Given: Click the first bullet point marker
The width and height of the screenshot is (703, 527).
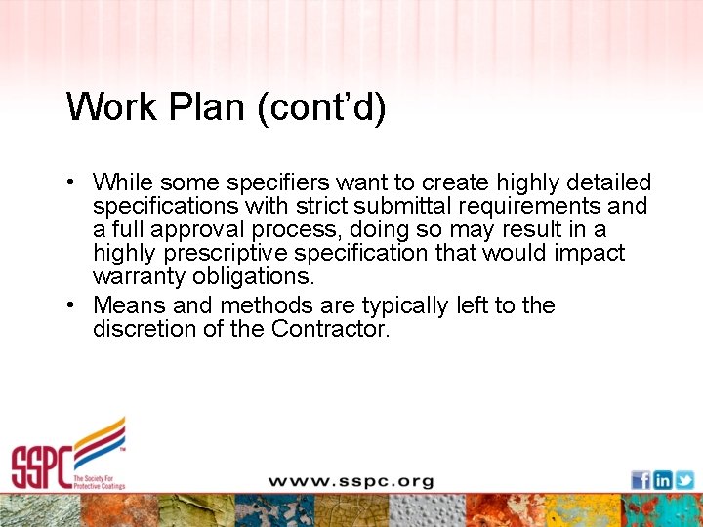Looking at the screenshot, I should tap(73, 182).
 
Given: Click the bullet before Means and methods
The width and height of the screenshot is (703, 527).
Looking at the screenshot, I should tap(73, 305).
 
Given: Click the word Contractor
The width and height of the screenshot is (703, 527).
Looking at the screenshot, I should tap(331, 329).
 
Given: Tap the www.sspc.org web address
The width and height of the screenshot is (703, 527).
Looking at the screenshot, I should tap(351, 481).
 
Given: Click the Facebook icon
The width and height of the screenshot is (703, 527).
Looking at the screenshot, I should tap(641, 480).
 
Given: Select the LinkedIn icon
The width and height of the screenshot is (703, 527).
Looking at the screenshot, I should tap(663, 480).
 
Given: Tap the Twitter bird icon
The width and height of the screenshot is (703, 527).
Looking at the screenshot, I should tap(684, 480).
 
